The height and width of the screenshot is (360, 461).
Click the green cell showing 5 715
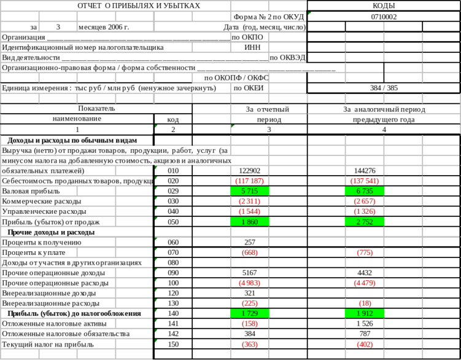pyautogui.click(x=249, y=191)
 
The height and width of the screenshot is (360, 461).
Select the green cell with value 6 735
pyautogui.click(x=370, y=191)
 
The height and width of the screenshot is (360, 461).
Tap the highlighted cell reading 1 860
pyautogui.click(x=249, y=221)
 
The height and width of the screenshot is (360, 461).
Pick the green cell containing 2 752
pyautogui.click(x=370, y=221)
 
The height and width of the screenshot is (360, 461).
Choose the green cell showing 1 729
pyautogui.click(x=249, y=313)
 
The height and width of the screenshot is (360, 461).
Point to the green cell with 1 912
pyautogui.click(x=370, y=313)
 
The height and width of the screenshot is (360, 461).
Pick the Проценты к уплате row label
pyautogui.click(x=36, y=252)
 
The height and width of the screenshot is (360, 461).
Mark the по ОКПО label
pyautogui.click(x=248, y=37)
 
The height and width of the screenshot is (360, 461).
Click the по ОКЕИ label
pyautogui.click(x=249, y=88)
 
